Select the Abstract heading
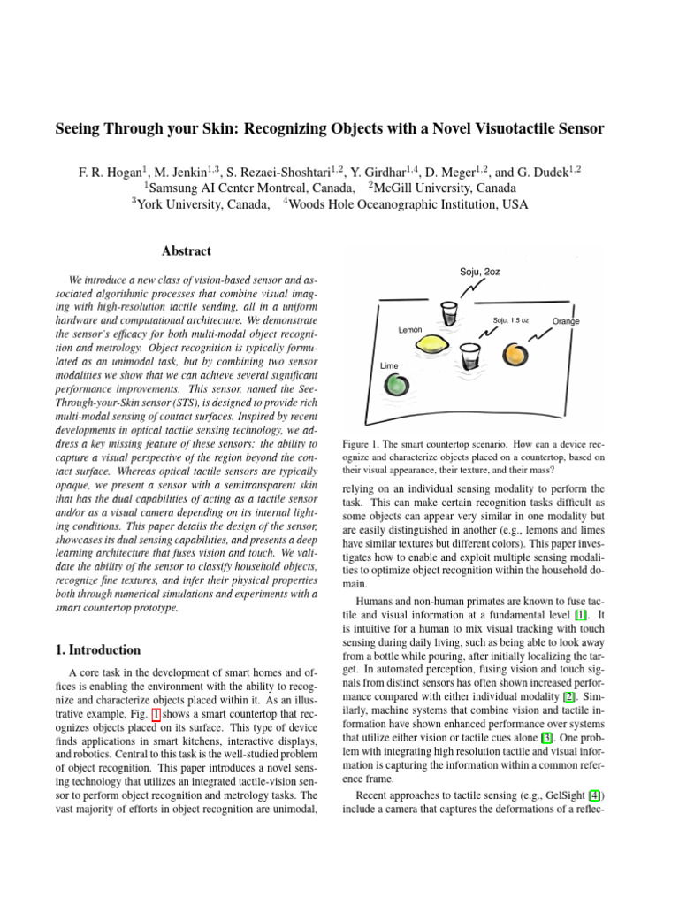(187, 251)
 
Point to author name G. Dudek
(553, 171)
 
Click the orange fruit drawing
(516, 356)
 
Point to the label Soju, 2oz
(479, 271)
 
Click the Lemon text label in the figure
(410, 329)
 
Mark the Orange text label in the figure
(565, 321)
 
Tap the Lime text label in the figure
(388, 365)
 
